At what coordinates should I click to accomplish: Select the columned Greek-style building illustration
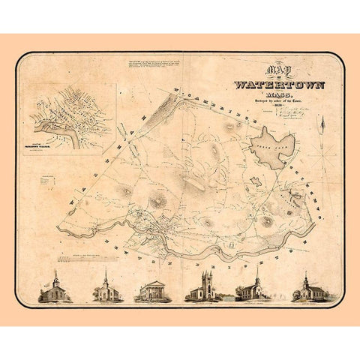[x=153, y=291]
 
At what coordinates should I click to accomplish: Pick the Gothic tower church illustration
[x=205, y=288]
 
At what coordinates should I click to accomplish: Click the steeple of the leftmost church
[x=56, y=277]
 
